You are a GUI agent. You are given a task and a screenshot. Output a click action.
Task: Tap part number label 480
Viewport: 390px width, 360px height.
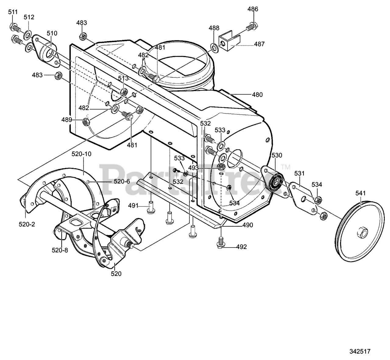coord(257,95)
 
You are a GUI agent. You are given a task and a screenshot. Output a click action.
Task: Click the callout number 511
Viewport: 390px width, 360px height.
coord(13,12)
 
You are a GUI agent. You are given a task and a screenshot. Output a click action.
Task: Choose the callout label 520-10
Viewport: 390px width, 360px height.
coord(81,154)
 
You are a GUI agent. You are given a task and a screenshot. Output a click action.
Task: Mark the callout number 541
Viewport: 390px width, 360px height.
coord(361,193)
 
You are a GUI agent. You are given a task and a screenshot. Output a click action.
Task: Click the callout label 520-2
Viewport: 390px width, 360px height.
coord(27,224)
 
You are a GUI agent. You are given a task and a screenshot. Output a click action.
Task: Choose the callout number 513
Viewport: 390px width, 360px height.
coord(123,78)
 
